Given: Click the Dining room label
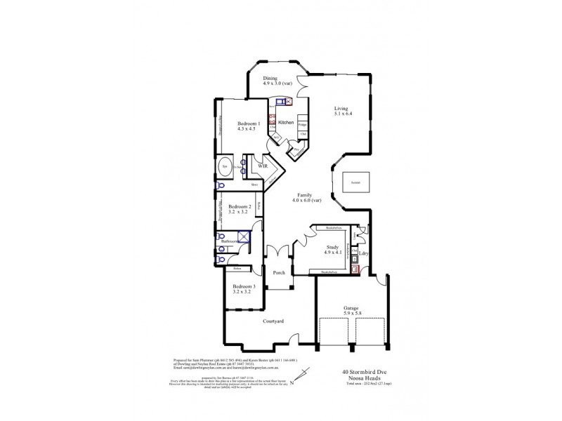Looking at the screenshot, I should (x=270, y=79).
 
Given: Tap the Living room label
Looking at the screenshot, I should (x=341, y=109).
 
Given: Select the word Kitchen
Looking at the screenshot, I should (x=285, y=123).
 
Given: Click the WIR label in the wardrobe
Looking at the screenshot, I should (x=261, y=166).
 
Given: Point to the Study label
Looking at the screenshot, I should (x=332, y=248).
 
